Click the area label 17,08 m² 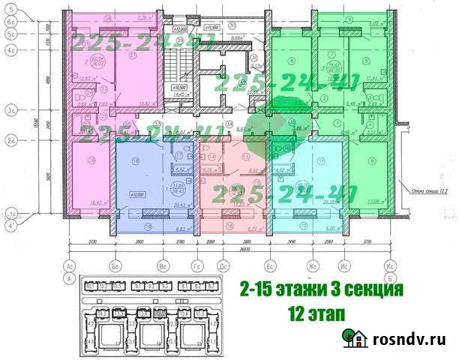[x=377, y=201]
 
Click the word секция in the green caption [x=369, y=289]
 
